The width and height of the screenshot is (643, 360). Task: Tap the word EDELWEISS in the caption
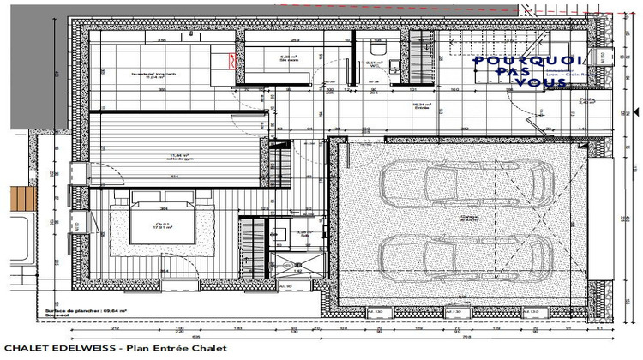point(87,349)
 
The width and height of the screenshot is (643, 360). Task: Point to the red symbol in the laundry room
point(231,59)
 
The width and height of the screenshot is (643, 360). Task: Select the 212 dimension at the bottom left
point(115,327)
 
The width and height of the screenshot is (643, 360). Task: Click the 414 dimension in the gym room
point(173,177)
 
